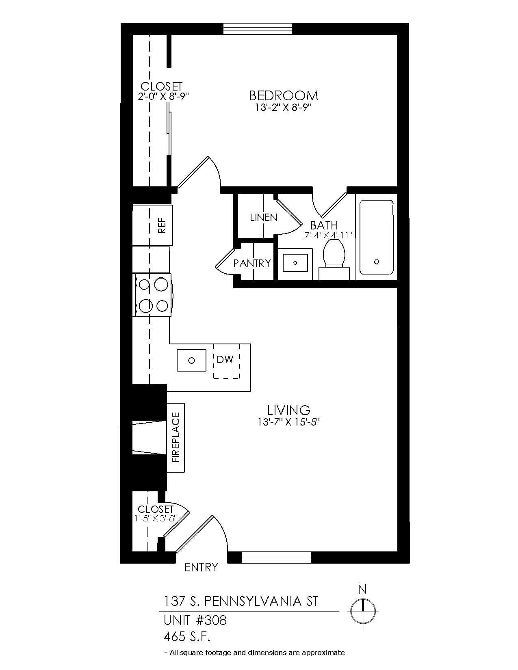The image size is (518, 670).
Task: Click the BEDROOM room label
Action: [x=283, y=95]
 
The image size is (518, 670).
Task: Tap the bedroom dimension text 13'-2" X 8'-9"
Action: [x=284, y=108]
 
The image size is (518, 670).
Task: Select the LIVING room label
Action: [x=288, y=410]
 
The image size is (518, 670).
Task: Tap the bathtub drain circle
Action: [x=376, y=262]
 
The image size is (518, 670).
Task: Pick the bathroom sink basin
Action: [x=295, y=263]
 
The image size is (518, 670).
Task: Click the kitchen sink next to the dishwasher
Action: [x=191, y=360]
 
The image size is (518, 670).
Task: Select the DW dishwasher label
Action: [x=225, y=359]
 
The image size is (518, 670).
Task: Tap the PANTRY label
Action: [x=252, y=263]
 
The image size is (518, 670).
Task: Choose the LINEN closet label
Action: [x=264, y=217]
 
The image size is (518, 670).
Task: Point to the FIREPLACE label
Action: [x=176, y=437]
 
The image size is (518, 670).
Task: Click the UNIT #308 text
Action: [x=195, y=620]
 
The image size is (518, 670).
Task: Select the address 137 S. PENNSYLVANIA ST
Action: [x=241, y=601]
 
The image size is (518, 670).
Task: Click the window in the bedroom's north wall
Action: [x=258, y=29]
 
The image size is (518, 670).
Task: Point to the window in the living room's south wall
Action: [x=276, y=558]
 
